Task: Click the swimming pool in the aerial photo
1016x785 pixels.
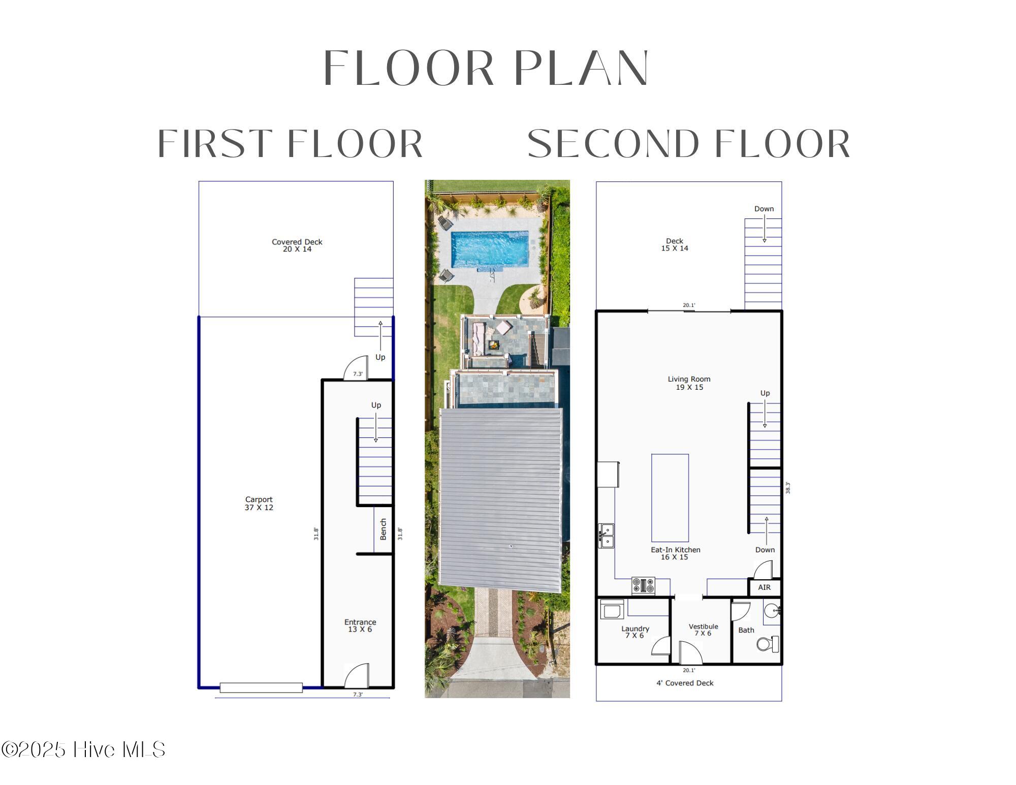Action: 490,249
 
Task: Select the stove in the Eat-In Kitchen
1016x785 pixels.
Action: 643,585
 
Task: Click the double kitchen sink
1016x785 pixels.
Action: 606,536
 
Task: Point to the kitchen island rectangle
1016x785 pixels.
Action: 670,498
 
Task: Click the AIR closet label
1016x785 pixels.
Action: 764,587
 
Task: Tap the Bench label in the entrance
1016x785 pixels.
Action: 383,529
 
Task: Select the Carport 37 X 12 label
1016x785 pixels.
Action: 259,504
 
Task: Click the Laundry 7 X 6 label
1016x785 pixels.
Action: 635,632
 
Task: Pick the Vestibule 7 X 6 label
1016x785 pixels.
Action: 703,630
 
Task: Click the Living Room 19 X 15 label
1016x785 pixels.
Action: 689,383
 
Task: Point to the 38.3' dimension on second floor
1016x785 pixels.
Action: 788,488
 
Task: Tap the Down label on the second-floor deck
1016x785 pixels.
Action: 764,209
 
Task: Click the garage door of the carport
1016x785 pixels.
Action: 261,688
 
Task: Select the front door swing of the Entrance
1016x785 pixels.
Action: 357,675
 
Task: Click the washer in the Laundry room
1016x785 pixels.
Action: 612,609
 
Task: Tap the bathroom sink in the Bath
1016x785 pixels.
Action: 772,610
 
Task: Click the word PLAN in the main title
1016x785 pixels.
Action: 581,68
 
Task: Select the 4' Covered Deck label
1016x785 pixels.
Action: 685,683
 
